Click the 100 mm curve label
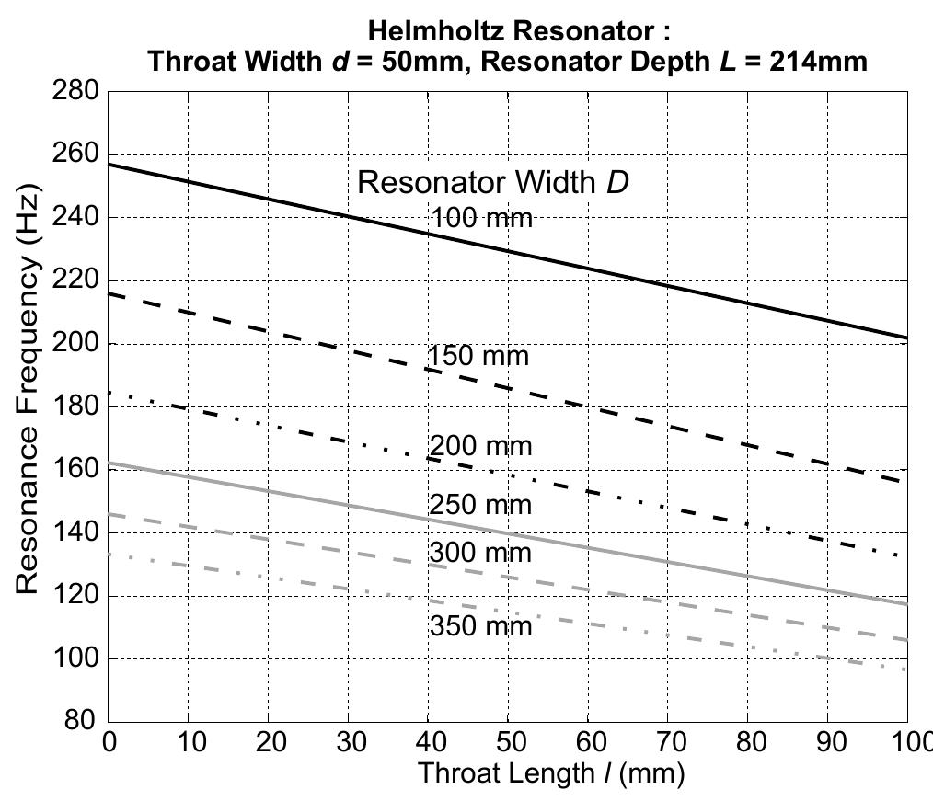[481, 219]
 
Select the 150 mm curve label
[478, 357]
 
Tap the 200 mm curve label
[480, 447]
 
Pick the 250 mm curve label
[480, 505]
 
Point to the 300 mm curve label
[480, 553]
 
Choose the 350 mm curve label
[480, 626]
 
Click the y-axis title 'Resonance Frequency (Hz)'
[27, 406]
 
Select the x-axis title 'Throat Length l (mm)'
[551, 773]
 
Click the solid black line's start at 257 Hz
[110, 165]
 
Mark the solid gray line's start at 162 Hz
[110, 463]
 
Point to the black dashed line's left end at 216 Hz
[110, 294]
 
